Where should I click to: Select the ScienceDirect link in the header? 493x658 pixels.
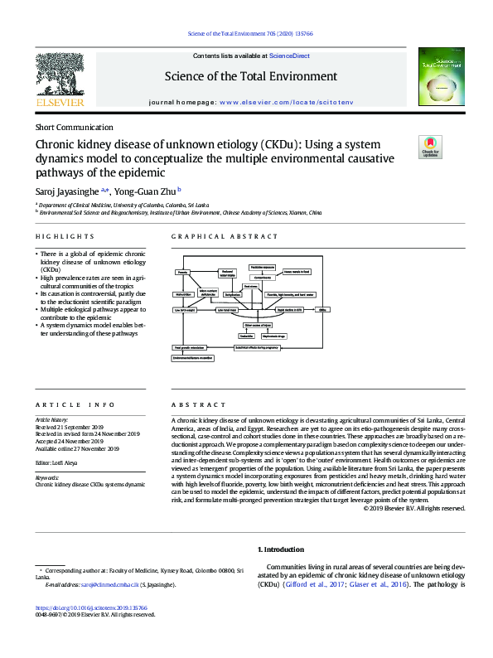pos(290,56)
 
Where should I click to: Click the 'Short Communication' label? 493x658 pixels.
pos(74,128)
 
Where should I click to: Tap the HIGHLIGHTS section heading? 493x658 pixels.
pos(57,237)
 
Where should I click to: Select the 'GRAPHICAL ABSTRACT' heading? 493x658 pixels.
pos(214,237)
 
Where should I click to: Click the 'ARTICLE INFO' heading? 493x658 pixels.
pos(63,405)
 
